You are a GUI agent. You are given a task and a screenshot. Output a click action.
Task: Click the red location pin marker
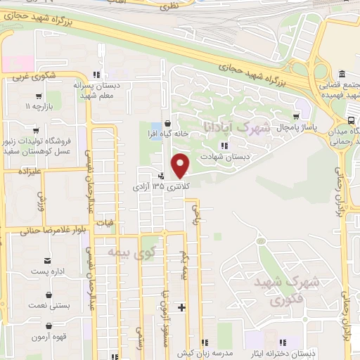tap(181, 165)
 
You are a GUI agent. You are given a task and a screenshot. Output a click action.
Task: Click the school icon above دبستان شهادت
tap(224, 146)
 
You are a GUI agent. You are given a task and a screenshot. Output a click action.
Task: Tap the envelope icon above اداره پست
tap(49, 261)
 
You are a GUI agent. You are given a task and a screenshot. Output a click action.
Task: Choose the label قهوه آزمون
tap(49, 336)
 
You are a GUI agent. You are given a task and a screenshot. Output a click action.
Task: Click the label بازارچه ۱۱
tap(39, 107)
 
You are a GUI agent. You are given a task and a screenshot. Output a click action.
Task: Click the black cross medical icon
tap(182, 307)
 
